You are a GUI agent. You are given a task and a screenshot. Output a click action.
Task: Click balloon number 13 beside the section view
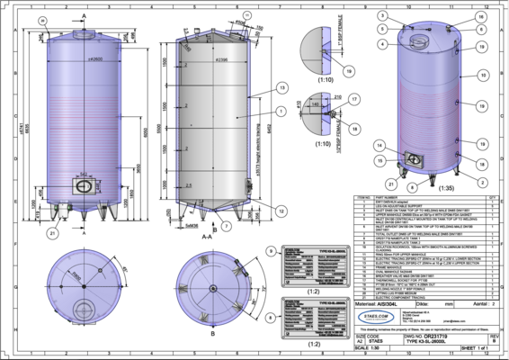281,87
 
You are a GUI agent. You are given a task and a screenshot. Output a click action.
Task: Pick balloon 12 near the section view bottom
281,211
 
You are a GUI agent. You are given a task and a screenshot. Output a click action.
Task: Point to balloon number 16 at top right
481,16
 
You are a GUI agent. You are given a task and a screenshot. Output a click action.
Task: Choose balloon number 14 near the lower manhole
381,145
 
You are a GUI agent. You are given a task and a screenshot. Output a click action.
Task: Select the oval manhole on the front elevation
83,185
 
